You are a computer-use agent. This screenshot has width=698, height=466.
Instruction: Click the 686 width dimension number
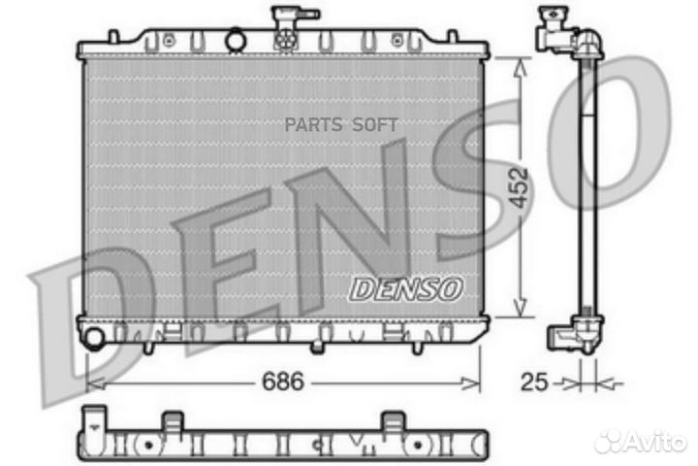click(283, 382)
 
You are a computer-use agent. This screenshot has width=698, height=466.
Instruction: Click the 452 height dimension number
click(519, 187)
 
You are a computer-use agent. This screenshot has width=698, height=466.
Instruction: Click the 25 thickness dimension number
click(534, 383)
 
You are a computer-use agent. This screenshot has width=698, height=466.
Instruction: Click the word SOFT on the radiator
click(375, 125)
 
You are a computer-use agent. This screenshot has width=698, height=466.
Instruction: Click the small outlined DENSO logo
click(406, 289)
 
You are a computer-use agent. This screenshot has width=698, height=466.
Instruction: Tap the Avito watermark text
click(655, 442)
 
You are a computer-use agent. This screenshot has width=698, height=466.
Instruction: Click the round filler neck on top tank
click(236, 40)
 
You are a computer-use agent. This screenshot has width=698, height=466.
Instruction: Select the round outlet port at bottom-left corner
click(94, 337)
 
